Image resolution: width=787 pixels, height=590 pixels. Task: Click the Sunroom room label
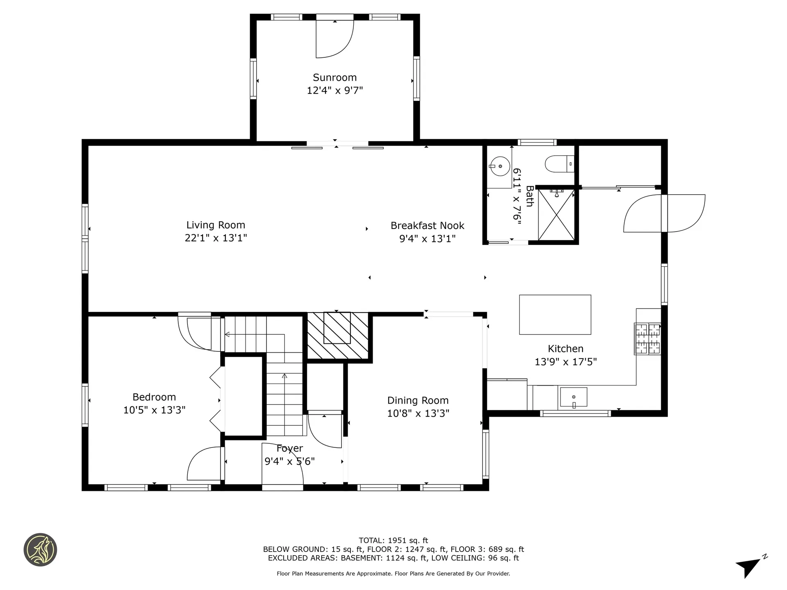pos(334,77)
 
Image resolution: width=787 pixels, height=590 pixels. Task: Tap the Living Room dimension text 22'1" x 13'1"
pos(216,238)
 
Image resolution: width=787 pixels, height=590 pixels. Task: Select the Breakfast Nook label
pos(427,226)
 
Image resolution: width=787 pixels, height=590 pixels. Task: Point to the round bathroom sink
pos(500,166)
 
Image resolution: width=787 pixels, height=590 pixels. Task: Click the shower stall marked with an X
pos(556,215)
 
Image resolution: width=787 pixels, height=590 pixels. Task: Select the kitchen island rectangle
pos(555,315)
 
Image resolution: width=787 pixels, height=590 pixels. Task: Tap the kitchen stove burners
pos(648,339)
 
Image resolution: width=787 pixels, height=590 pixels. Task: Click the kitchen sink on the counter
pos(573,397)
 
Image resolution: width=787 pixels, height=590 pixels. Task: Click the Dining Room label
pos(418,400)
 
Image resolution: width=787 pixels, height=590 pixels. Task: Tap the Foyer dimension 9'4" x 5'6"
pos(289,462)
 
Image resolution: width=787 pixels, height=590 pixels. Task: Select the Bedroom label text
pos(154,397)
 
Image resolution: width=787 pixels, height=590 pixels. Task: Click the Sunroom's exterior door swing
pos(334,39)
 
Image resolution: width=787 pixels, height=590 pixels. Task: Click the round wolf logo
pos(40,550)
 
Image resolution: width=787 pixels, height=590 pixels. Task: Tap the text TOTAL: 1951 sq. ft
pos(393,540)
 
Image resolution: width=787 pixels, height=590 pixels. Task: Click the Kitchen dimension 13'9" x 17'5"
pos(565,362)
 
